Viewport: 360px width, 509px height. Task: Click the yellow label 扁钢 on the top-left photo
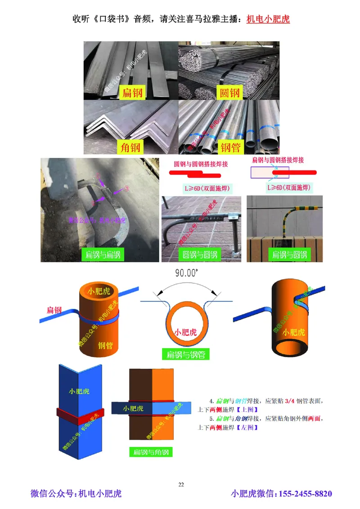131,93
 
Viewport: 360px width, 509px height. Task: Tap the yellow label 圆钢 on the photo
229,93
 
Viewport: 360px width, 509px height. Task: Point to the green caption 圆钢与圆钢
199,255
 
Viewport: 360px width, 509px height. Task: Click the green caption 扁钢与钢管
185,354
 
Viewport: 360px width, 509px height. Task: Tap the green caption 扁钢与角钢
151,452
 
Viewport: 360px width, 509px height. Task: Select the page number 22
181,484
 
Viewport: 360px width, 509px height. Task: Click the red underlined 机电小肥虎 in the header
268,20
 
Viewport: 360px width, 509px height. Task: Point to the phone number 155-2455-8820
306,494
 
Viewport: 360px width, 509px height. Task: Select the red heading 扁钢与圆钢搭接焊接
278,160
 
